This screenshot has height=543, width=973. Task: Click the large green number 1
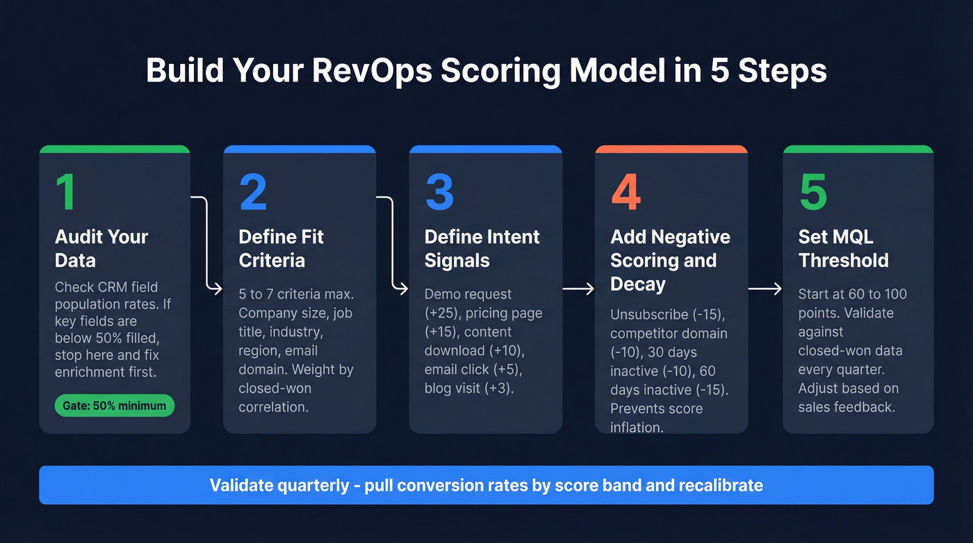(66, 193)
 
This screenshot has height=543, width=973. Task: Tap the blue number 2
(253, 193)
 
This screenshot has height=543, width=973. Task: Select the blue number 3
(439, 193)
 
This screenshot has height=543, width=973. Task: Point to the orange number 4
(625, 193)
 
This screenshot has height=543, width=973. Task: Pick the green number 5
(813, 193)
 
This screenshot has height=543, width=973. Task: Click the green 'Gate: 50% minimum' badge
(114, 405)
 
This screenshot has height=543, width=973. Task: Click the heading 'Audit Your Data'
(101, 248)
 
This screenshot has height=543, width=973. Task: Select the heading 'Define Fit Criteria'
(281, 248)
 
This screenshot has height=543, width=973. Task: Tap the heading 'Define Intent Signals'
(482, 248)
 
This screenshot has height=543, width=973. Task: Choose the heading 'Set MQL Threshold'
(843, 248)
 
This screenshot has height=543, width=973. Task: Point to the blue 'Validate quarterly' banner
(486, 485)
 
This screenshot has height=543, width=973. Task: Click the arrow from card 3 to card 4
(578, 288)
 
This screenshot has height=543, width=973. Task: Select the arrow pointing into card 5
(764, 288)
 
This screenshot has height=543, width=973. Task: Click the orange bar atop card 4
(671, 149)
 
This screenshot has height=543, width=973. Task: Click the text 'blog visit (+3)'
(468, 388)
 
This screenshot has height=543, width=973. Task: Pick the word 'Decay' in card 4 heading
(637, 284)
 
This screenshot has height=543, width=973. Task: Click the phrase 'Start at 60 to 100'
(853, 294)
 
